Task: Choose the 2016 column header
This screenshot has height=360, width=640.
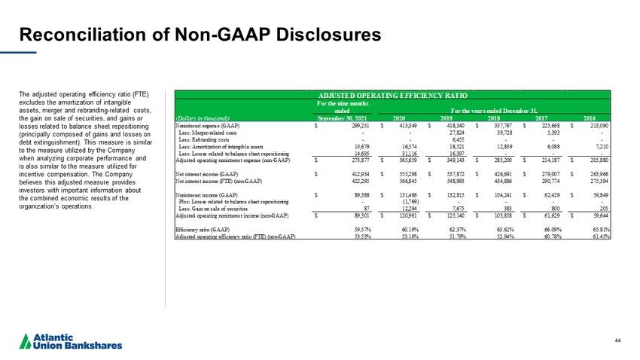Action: click(x=591, y=117)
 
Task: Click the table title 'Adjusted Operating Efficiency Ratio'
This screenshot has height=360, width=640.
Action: click(x=392, y=96)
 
